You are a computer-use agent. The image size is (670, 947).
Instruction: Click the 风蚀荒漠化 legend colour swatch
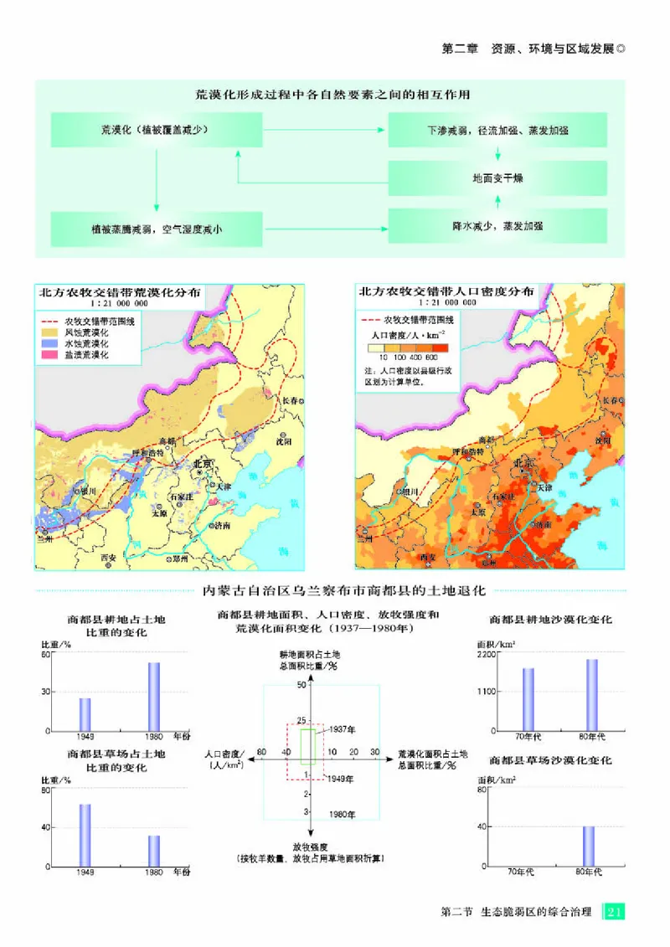click(x=49, y=332)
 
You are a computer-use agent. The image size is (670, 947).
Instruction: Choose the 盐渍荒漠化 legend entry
click(x=84, y=355)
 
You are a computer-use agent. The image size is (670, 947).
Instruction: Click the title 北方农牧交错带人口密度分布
click(x=445, y=292)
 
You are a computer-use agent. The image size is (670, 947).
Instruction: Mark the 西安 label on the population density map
click(x=427, y=556)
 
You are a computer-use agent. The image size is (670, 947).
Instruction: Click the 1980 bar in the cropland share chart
click(x=154, y=697)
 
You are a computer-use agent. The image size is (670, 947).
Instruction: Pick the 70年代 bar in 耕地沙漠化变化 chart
click(x=528, y=698)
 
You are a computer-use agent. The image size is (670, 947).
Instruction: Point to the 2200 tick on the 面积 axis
click(x=487, y=654)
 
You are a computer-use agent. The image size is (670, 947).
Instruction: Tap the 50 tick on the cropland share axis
click(x=303, y=685)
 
